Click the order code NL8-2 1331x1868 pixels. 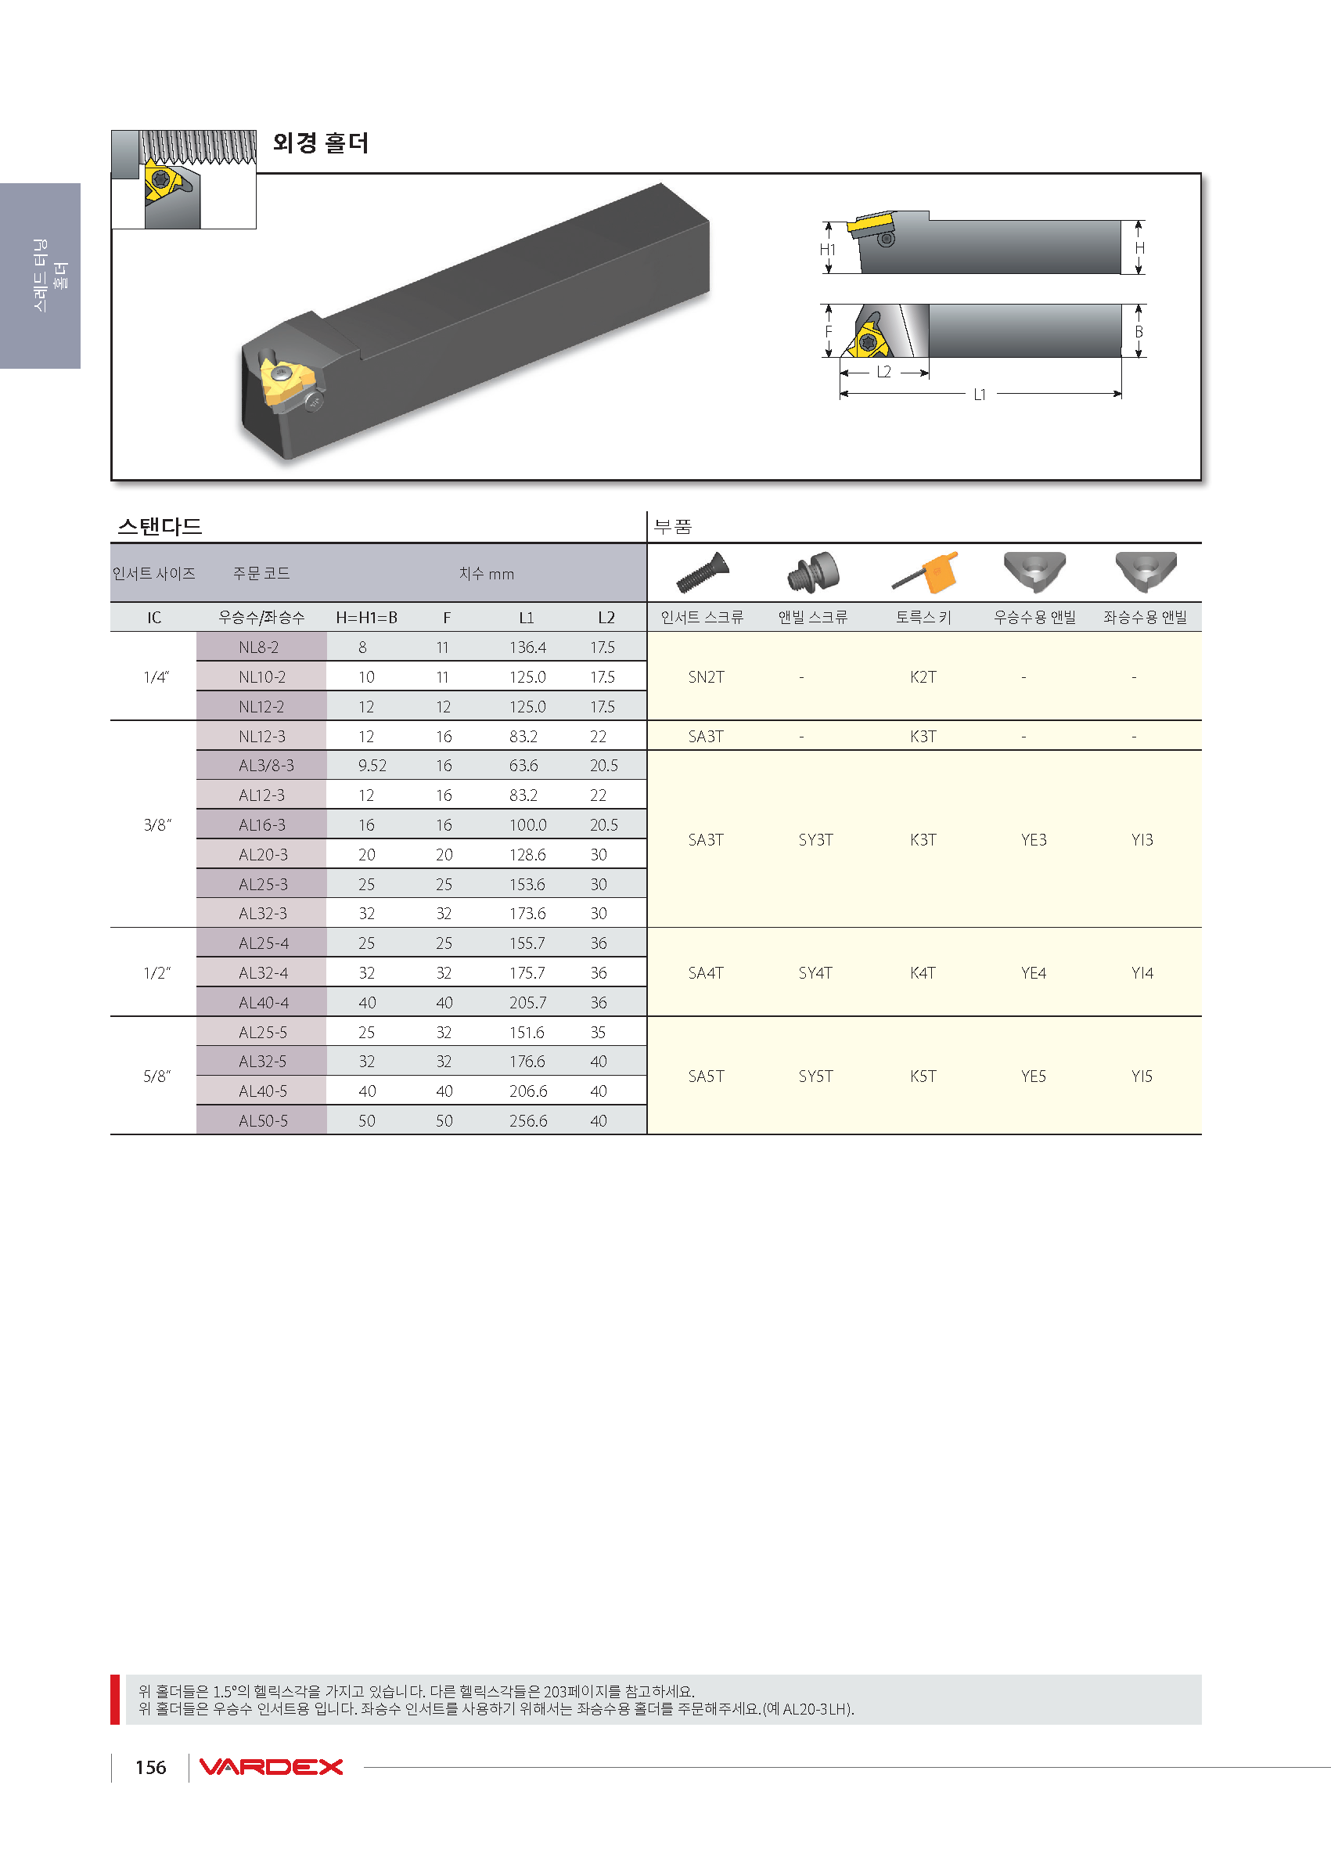point(258,647)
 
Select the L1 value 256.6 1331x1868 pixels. point(528,1120)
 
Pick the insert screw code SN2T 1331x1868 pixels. point(706,676)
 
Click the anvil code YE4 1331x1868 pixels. point(1034,972)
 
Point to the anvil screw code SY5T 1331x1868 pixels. point(815,1076)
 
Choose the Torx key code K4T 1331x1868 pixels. point(923,972)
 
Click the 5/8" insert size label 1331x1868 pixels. point(156,1076)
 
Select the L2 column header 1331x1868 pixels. point(606,618)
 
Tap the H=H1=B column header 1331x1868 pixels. point(366,618)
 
